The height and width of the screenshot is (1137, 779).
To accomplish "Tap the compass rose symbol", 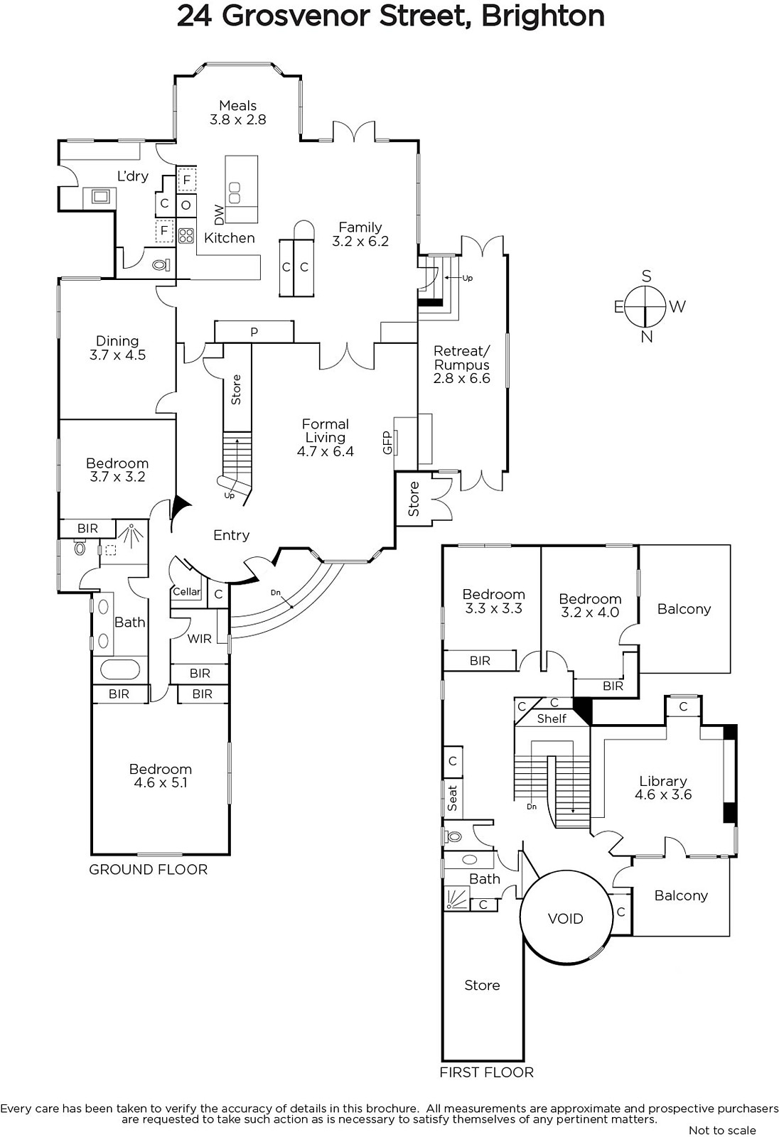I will click(x=645, y=306).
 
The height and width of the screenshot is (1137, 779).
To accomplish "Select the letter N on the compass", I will click(x=646, y=337).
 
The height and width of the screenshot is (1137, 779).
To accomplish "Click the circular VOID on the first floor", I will click(x=566, y=918).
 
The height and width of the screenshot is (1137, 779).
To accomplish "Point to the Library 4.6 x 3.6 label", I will click(x=662, y=787).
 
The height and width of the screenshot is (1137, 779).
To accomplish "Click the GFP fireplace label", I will click(x=387, y=443).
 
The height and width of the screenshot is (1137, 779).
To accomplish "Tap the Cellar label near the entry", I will click(x=187, y=591).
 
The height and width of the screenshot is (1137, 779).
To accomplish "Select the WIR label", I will click(x=199, y=638).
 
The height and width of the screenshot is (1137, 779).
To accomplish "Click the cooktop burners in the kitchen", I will click(x=186, y=235).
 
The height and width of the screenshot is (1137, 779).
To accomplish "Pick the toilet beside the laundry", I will click(x=162, y=265).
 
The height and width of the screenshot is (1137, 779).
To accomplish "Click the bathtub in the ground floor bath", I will click(x=119, y=669).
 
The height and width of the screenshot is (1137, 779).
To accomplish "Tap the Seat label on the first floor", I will click(x=453, y=797).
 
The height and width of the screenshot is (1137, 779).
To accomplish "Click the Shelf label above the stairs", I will click(x=552, y=718).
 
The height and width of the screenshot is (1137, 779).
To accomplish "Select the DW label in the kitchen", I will click(x=219, y=215).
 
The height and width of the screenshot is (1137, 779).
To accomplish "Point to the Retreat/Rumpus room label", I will click(x=461, y=365).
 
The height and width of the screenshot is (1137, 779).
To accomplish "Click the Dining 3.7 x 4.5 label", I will click(x=117, y=347).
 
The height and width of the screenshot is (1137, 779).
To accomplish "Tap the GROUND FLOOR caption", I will click(x=148, y=869).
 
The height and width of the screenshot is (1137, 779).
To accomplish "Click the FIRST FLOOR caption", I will click(x=486, y=1072).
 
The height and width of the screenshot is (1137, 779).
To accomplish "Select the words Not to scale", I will click(x=721, y=1130).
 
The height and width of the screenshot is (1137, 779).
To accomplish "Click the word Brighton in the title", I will click(x=543, y=16).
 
